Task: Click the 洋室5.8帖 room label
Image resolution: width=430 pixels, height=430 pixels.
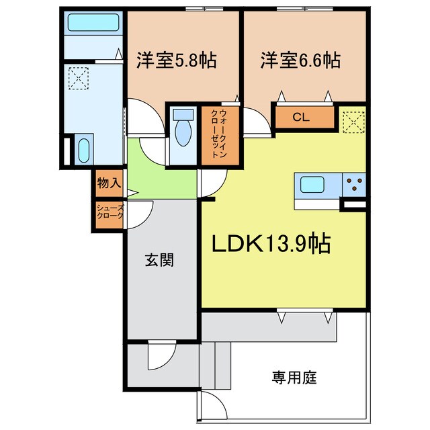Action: [176, 60]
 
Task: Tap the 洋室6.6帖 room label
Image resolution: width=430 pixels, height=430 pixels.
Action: [300, 60]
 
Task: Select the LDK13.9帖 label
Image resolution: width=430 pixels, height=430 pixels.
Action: [271, 244]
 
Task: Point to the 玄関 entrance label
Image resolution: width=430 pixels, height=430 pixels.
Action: [159, 260]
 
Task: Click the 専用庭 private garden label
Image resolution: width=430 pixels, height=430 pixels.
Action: [294, 377]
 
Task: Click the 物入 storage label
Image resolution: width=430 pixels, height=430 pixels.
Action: [109, 183]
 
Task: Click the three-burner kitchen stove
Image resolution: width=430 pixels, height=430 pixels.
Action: [354, 182]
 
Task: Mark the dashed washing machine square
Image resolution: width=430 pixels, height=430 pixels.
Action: [78, 79]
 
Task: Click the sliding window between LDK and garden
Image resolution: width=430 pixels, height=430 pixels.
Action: [305, 311]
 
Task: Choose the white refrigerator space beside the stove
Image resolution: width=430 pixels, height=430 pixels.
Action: [355, 202]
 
